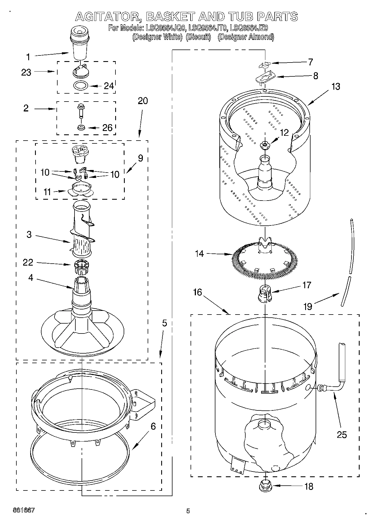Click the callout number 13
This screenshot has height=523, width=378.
pyautogui.click(x=336, y=86)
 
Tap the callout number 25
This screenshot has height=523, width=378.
pyautogui.click(x=342, y=434)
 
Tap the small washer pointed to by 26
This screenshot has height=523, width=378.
pyautogui.click(x=81, y=127)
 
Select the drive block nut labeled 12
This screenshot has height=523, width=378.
pyautogui.click(x=265, y=145)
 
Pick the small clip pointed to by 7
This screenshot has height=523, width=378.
pyautogui.click(x=264, y=65)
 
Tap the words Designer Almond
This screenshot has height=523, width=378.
pyautogui.click(x=246, y=37)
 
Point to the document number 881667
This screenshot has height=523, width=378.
pyautogui.click(x=23, y=510)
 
